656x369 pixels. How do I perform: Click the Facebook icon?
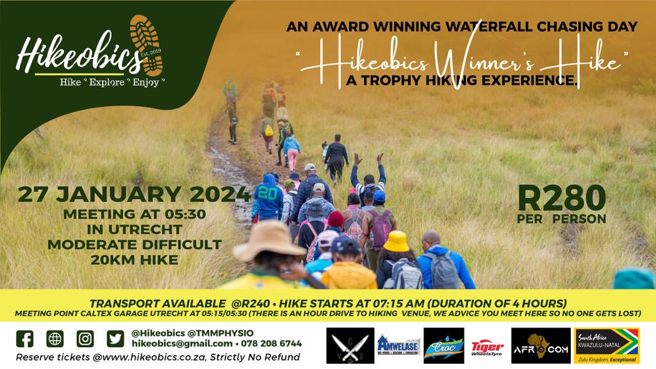coord(24,338)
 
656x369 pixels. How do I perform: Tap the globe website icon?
coord(55,338)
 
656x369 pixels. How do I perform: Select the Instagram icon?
coord(85,338)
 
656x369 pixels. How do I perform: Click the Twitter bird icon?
coord(115,338)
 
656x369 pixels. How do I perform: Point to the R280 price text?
coord(562,199)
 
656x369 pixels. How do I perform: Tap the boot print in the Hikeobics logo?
coord(147,44)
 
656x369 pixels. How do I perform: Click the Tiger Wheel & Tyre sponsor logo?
coord(488,346)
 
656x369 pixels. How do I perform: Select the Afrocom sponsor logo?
coord(541,346)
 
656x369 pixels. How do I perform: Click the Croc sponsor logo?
coord(444,346)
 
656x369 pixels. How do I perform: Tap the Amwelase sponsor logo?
coord(398,346)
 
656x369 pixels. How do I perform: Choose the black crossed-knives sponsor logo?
coord(350,346)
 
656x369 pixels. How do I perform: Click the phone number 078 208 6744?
coord(270,344)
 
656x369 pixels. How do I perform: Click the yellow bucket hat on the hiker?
coord(396,241)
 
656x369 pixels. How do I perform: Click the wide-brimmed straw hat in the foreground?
coord(269,241)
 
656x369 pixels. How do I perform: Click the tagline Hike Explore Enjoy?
coord(113,82)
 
